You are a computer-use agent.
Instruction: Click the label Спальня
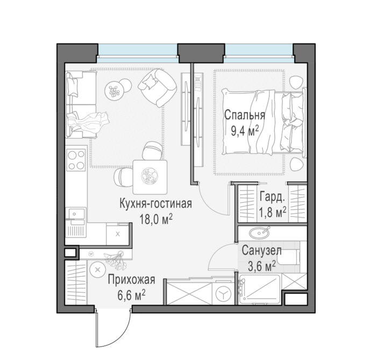245,116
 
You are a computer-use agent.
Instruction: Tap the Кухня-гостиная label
156,204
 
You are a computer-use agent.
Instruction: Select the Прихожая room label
132,280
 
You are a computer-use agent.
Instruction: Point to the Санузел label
262,250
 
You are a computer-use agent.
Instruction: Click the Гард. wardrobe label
272,197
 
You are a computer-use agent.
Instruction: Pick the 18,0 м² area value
156,219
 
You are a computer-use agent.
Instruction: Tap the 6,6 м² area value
131,296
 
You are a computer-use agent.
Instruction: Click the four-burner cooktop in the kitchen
76,159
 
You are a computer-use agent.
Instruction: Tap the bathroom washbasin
259,233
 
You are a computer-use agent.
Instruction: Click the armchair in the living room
157,87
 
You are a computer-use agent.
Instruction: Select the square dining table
150,177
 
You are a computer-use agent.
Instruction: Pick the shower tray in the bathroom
259,290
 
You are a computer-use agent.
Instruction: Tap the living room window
137,53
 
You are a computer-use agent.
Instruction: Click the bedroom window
259,53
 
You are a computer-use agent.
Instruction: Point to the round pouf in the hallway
97,270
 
